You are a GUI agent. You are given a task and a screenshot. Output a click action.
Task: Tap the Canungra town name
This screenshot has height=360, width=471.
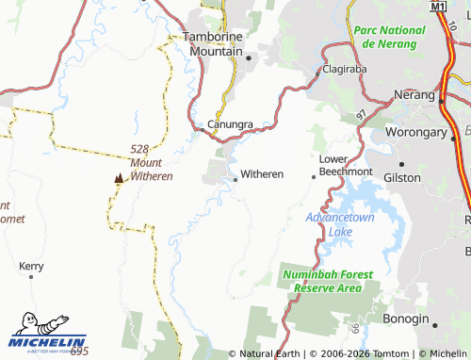tap(230, 124)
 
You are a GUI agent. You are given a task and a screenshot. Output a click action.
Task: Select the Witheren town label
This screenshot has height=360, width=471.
tap(263, 174)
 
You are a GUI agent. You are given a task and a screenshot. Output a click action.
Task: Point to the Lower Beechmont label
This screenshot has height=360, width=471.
tap(346, 165)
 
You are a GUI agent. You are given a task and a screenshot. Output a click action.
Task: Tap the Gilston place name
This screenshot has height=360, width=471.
tap(402, 176)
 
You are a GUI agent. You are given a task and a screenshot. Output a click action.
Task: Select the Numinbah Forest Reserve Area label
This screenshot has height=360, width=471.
tap(328, 281)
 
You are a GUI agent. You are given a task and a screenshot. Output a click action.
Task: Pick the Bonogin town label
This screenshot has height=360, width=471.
tap(404, 320)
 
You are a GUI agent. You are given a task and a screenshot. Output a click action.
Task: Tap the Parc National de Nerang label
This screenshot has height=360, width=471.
tap(389, 37)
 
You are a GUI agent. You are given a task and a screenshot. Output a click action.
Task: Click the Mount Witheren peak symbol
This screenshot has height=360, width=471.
tap(118, 177)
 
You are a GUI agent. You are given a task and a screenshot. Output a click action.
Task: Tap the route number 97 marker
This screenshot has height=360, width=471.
tap(361, 114)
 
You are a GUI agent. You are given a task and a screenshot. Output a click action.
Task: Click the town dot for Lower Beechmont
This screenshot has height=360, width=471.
tap(314, 175)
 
